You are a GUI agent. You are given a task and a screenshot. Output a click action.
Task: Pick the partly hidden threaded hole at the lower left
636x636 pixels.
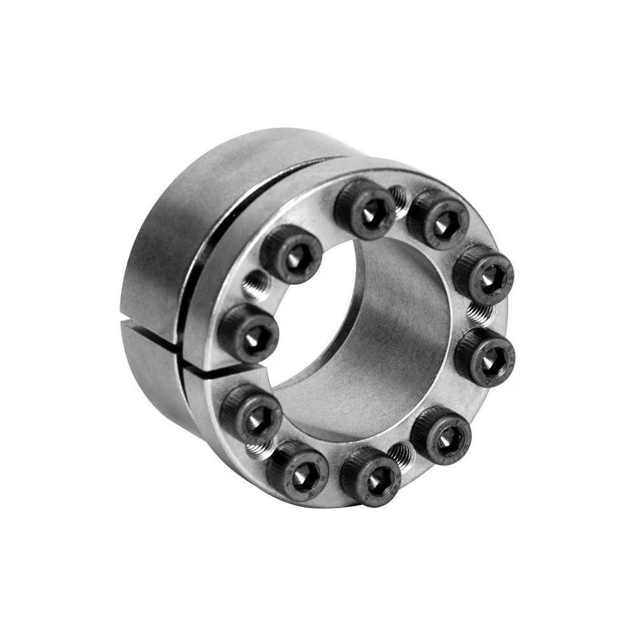click(x=258, y=450)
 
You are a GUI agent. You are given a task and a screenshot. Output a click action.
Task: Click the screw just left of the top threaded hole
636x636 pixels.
click(x=365, y=209)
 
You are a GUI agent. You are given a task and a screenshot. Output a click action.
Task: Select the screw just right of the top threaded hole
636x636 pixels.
click(x=438, y=219)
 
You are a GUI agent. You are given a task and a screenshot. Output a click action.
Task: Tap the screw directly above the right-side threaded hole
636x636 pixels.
click(x=483, y=274)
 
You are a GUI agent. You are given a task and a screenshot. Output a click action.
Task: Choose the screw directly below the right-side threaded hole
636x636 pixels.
click(x=485, y=357)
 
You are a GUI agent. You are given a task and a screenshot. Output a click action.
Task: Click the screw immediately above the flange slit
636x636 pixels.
click(x=249, y=332)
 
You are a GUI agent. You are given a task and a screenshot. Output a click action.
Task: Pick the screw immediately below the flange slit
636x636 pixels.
click(x=251, y=414)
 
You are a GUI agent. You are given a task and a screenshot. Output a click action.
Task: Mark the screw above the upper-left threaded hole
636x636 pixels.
click(x=291, y=253)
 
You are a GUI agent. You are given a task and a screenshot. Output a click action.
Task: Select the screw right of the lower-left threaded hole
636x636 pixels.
click(x=297, y=470)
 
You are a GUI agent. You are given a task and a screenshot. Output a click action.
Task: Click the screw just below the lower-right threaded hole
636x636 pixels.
click(x=371, y=476)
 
